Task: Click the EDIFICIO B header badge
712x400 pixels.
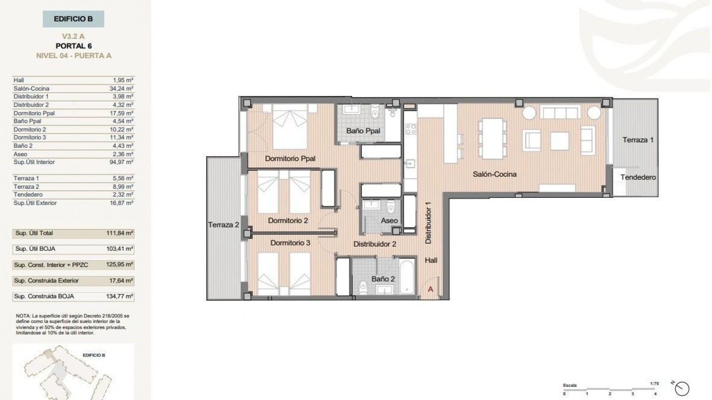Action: coord(73,19)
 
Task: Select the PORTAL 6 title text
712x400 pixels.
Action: coord(73,46)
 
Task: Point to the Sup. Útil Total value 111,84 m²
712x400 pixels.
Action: coord(119,233)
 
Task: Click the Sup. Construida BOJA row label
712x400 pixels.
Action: coord(44,296)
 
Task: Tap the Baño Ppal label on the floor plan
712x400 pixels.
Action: coord(363,131)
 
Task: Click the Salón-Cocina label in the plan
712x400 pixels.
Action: coord(495,174)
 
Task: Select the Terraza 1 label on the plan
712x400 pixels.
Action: coord(638,140)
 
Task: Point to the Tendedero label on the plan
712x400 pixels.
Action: coord(638,177)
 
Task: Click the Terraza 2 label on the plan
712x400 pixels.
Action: coord(224,225)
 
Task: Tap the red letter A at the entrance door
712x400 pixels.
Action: coord(431,289)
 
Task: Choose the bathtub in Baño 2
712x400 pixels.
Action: coord(407,277)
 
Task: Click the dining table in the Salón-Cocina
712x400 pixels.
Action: coord(492,138)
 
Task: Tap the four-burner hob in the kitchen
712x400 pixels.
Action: coord(411,129)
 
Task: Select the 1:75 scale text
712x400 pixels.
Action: coord(654,384)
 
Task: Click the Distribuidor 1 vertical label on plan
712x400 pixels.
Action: coord(428,223)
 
